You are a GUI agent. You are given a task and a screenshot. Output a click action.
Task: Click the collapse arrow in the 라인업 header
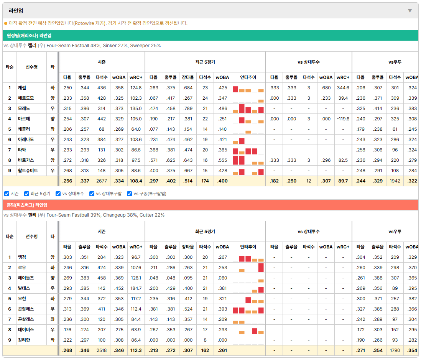click(410, 11)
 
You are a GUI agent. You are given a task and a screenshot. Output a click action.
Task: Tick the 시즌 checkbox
click(7, 194)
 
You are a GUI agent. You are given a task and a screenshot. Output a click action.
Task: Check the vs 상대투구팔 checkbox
click(92, 194)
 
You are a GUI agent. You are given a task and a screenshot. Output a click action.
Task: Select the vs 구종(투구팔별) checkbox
click(130, 194)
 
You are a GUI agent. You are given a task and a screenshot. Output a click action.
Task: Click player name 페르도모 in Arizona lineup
click(26, 98)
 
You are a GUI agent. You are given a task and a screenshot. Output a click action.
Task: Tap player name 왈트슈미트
click(28, 171)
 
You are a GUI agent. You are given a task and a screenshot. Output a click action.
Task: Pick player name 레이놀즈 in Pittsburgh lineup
click(26, 278)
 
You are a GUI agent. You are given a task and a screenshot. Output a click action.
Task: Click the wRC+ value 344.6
click(343, 88)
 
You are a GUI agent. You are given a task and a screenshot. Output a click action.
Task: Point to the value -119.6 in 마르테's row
click(343, 118)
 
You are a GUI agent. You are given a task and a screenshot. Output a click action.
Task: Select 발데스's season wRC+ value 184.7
click(136, 288)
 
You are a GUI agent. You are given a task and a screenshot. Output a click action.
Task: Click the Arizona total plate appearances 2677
click(102, 181)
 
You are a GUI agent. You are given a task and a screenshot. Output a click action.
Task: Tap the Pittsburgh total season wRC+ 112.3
click(136, 350)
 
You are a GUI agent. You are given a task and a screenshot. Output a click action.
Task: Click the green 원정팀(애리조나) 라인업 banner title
click(29, 35)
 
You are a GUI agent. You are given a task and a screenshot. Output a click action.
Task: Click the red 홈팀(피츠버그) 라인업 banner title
click(27, 205)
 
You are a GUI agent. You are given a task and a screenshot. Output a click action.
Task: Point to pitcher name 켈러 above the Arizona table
click(32, 46)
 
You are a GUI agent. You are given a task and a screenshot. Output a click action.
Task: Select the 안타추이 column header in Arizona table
click(248, 77)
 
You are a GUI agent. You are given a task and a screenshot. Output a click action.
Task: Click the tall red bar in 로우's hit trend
click(261, 268)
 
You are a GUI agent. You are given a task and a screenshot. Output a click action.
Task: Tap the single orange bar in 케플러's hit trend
click(248, 132)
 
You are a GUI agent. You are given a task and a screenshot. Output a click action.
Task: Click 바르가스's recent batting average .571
click(154, 160)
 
